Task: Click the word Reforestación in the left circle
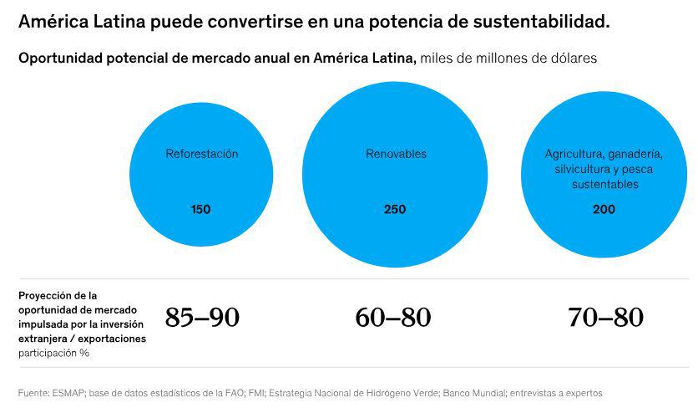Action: (x=201, y=154)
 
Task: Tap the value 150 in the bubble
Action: (x=200, y=209)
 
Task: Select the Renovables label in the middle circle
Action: (x=396, y=154)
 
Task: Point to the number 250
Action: (x=395, y=209)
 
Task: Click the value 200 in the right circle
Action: (x=604, y=209)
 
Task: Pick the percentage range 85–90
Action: (x=202, y=318)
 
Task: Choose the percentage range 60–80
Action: (x=392, y=318)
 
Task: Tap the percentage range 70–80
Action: (x=605, y=318)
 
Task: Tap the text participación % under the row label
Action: (x=53, y=353)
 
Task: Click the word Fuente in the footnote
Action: (x=34, y=392)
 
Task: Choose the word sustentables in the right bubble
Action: (x=604, y=184)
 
